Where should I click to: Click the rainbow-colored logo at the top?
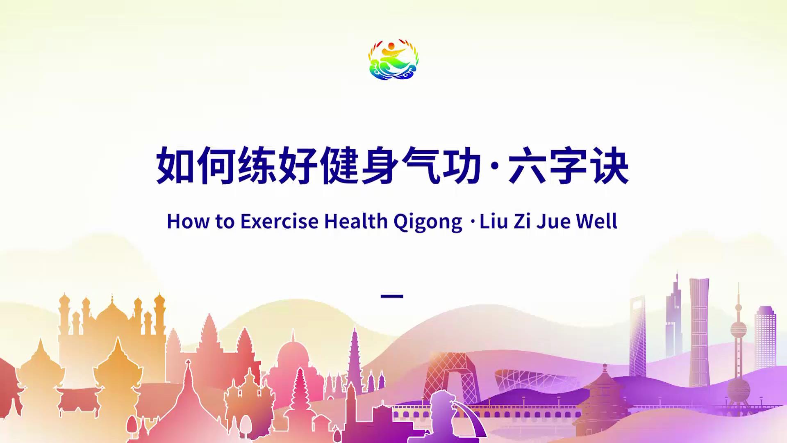393,60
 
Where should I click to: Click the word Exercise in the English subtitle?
279,221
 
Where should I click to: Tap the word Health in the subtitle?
356,221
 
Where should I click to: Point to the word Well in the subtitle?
597,221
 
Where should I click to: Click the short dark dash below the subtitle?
392,296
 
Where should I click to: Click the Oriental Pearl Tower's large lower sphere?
739,389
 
